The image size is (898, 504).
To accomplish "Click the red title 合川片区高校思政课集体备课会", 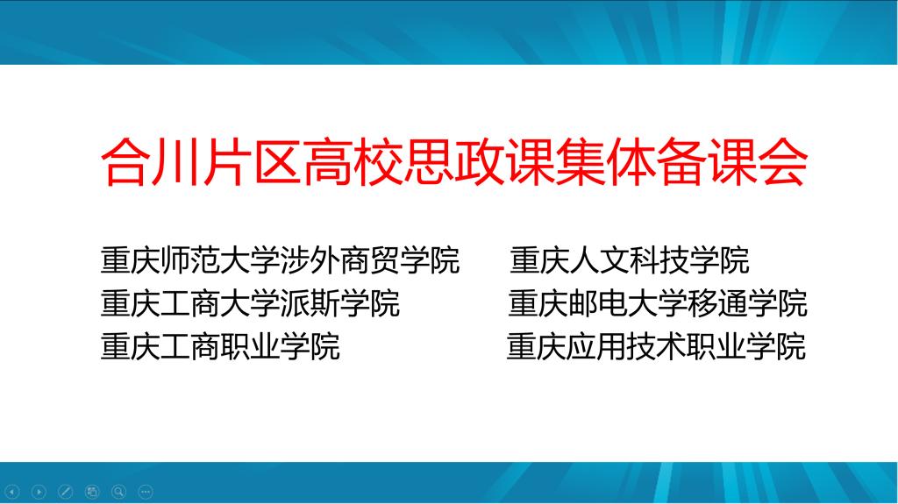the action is (454, 162).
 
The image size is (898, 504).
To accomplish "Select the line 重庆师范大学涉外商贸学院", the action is (280, 260).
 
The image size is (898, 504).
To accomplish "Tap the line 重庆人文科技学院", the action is (630, 260).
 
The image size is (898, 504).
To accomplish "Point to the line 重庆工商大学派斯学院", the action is (250, 303).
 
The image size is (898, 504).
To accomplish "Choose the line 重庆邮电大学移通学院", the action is (658, 303).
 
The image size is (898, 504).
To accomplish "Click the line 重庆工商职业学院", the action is (220, 346).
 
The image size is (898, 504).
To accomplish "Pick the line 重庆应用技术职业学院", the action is (656, 346).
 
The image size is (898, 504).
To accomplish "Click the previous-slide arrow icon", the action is (12, 492).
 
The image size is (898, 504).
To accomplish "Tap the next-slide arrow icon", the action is (39, 492).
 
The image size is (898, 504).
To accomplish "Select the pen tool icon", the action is (66, 492).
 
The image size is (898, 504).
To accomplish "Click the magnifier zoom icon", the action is (119, 492).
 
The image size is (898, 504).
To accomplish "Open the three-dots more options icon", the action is (146, 492).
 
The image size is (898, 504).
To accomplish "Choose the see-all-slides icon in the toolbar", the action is (92, 492).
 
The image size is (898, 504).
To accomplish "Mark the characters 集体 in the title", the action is (606, 162).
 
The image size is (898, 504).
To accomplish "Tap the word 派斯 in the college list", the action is (310, 303).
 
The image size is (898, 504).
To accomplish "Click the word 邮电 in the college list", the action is (598, 303).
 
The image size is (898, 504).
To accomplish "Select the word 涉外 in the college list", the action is (310, 260).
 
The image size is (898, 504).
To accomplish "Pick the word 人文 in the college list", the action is (599, 260).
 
